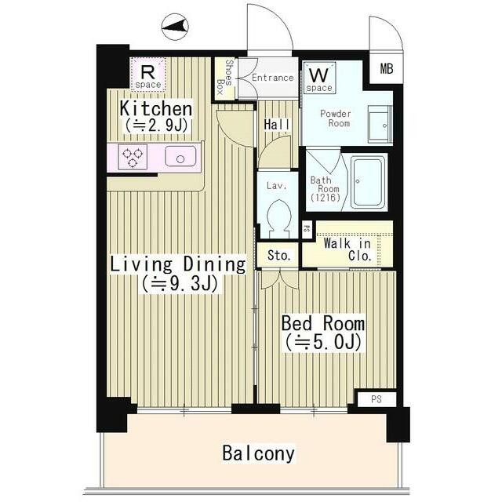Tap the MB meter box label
(387, 68)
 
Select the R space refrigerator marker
(148, 75)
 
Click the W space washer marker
(319, 78)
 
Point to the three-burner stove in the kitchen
(133, 157)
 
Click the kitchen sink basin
(180, 156)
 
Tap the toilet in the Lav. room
(279, 216)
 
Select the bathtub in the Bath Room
(368, 181)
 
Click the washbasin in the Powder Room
(380, 124)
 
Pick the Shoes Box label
(225, 77)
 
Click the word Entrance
(272, 78)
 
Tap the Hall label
(277, 124)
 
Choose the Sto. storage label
(279, 255)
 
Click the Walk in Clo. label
(347, 249)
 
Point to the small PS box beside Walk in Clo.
(307, 229)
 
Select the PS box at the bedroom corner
(376, 399)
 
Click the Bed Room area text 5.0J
(324, 342)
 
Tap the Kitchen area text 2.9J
(156, 125)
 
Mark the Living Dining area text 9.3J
(180, 283)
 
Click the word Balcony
(258, 453)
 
